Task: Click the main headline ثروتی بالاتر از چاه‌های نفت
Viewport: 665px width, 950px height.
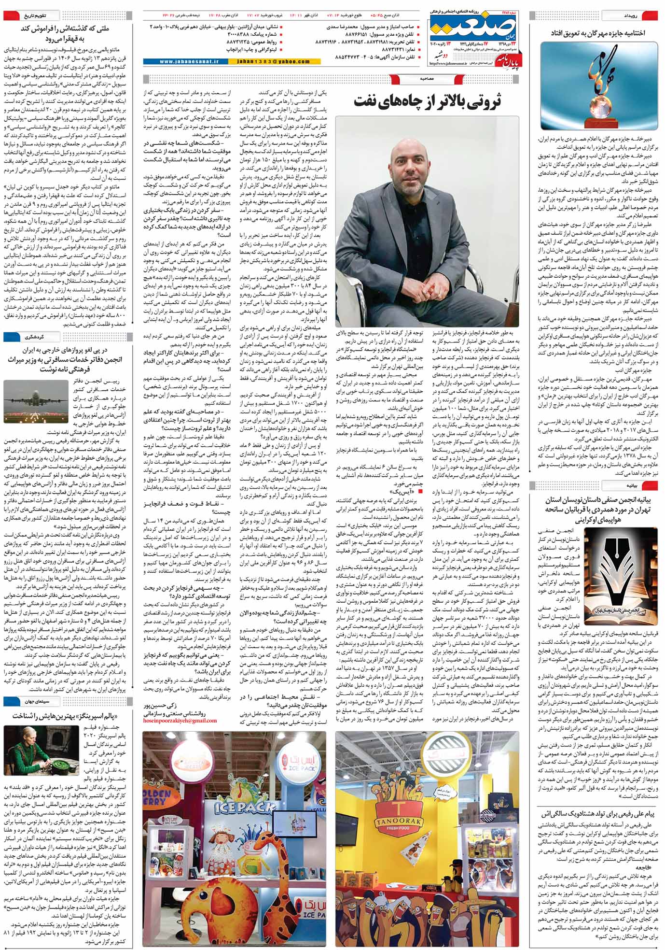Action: click(x=428, y=101)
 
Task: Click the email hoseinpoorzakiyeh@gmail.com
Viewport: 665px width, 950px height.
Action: click(x=180, y=720)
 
